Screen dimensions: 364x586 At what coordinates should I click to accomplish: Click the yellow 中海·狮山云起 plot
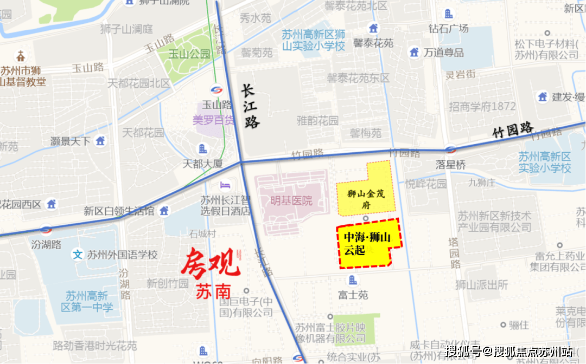(369, 244)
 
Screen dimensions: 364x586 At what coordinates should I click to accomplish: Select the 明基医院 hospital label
(292, 201)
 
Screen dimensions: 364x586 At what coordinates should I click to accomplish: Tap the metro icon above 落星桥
(450, 149)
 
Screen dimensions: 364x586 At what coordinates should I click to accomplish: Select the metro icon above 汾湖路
(46, 230)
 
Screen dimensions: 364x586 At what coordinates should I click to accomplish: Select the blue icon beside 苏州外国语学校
(78, 254)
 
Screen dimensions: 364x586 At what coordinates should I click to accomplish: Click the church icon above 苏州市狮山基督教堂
(21, 55)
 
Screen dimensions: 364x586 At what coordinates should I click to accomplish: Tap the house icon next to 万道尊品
(414, 52)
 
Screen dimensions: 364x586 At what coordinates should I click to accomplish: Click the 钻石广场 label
(448, 28)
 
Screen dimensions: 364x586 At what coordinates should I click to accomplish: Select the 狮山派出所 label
(482, 285)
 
